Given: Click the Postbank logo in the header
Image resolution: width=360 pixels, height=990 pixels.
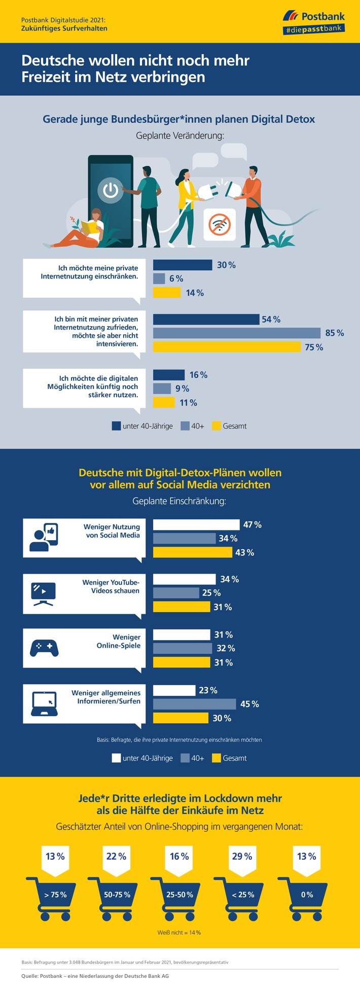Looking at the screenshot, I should (x=314, y=22).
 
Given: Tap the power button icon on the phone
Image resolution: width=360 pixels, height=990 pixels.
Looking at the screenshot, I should (x=111, y=191).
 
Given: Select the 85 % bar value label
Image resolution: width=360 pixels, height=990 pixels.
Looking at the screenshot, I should (x=334, y=333).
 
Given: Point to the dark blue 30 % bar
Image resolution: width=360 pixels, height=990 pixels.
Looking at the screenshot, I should (x=183, y=265).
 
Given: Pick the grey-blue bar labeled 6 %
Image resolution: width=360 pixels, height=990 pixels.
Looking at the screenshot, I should (x=159, y=278).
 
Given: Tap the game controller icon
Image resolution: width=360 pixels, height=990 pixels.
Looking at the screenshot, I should (x=45, y=648).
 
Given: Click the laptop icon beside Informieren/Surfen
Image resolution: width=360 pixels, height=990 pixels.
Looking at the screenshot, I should (x=44, y=703).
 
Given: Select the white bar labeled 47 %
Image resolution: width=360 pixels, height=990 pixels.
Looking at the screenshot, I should (x=196, y=524).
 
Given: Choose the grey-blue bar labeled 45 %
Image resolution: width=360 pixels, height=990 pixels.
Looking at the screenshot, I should (x=195, y=704).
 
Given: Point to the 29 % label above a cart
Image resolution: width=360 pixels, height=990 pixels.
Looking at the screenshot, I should (x=242, y=857).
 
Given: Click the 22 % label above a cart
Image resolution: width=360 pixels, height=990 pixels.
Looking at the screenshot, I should (x=116, y=857).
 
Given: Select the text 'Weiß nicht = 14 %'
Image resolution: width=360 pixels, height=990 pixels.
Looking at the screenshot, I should (x=179, y=932).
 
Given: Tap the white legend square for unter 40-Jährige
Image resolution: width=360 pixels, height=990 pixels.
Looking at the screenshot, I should (x=116, y=758).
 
